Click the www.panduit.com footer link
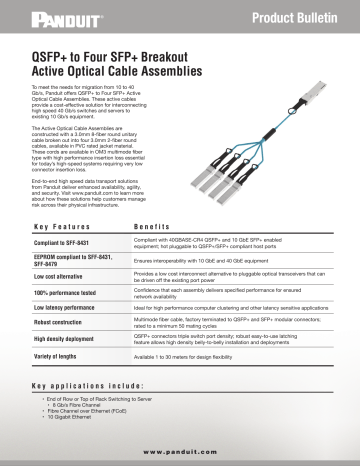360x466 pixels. click(180, 451)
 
